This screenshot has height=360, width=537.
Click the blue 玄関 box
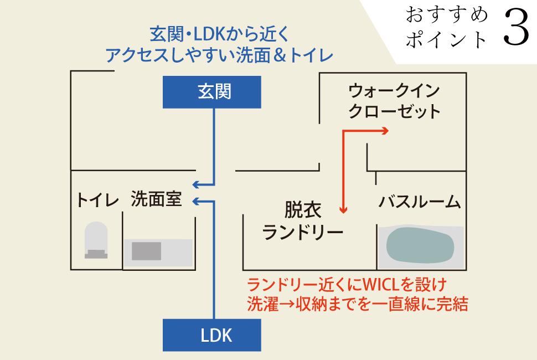(x=212, y=92)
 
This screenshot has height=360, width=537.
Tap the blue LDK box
(x=212, y=335)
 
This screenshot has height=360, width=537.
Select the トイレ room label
(x=98, y=200)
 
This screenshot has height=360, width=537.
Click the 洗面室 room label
(x=156, y=199)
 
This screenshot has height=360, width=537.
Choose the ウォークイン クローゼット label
(x=394, y=100)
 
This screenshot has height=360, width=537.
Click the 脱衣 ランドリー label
(x=303, y=220)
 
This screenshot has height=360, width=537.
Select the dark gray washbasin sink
(x=146, y=251)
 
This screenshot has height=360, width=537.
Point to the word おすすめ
(x=447, y=16)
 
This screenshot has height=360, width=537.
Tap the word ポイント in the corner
(x=447, y=39)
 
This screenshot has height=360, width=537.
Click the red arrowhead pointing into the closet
(x=384, y=131)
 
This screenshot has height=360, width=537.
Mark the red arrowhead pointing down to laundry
(x=344, y=210)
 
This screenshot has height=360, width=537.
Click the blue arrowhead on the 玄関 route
(x=195, y=185)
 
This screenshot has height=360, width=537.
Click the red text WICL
(x=380, y=285)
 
